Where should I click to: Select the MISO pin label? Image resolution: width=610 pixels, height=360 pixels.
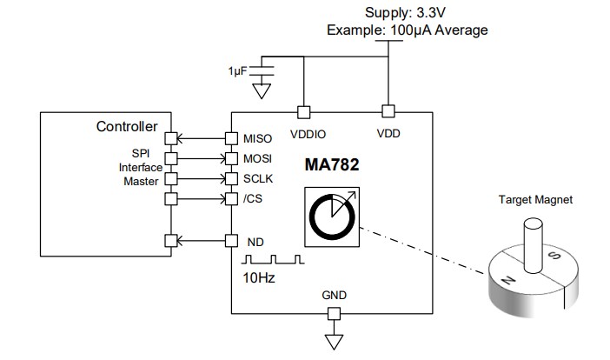point(259,138)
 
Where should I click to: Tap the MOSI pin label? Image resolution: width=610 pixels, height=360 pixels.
point(259,158)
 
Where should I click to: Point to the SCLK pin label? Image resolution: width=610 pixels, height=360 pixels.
point(259,178)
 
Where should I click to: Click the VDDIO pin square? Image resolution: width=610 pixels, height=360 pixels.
point(302,111)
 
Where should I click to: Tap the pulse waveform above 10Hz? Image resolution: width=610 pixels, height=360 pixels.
point(273,259)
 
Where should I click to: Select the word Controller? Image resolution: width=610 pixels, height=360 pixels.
point(127,127)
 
